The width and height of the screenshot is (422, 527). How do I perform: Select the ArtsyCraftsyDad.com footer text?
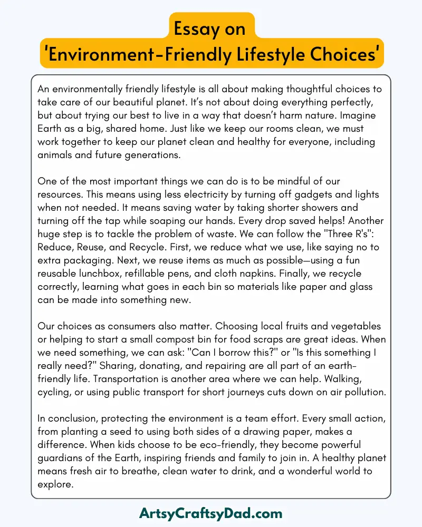point(211,513)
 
